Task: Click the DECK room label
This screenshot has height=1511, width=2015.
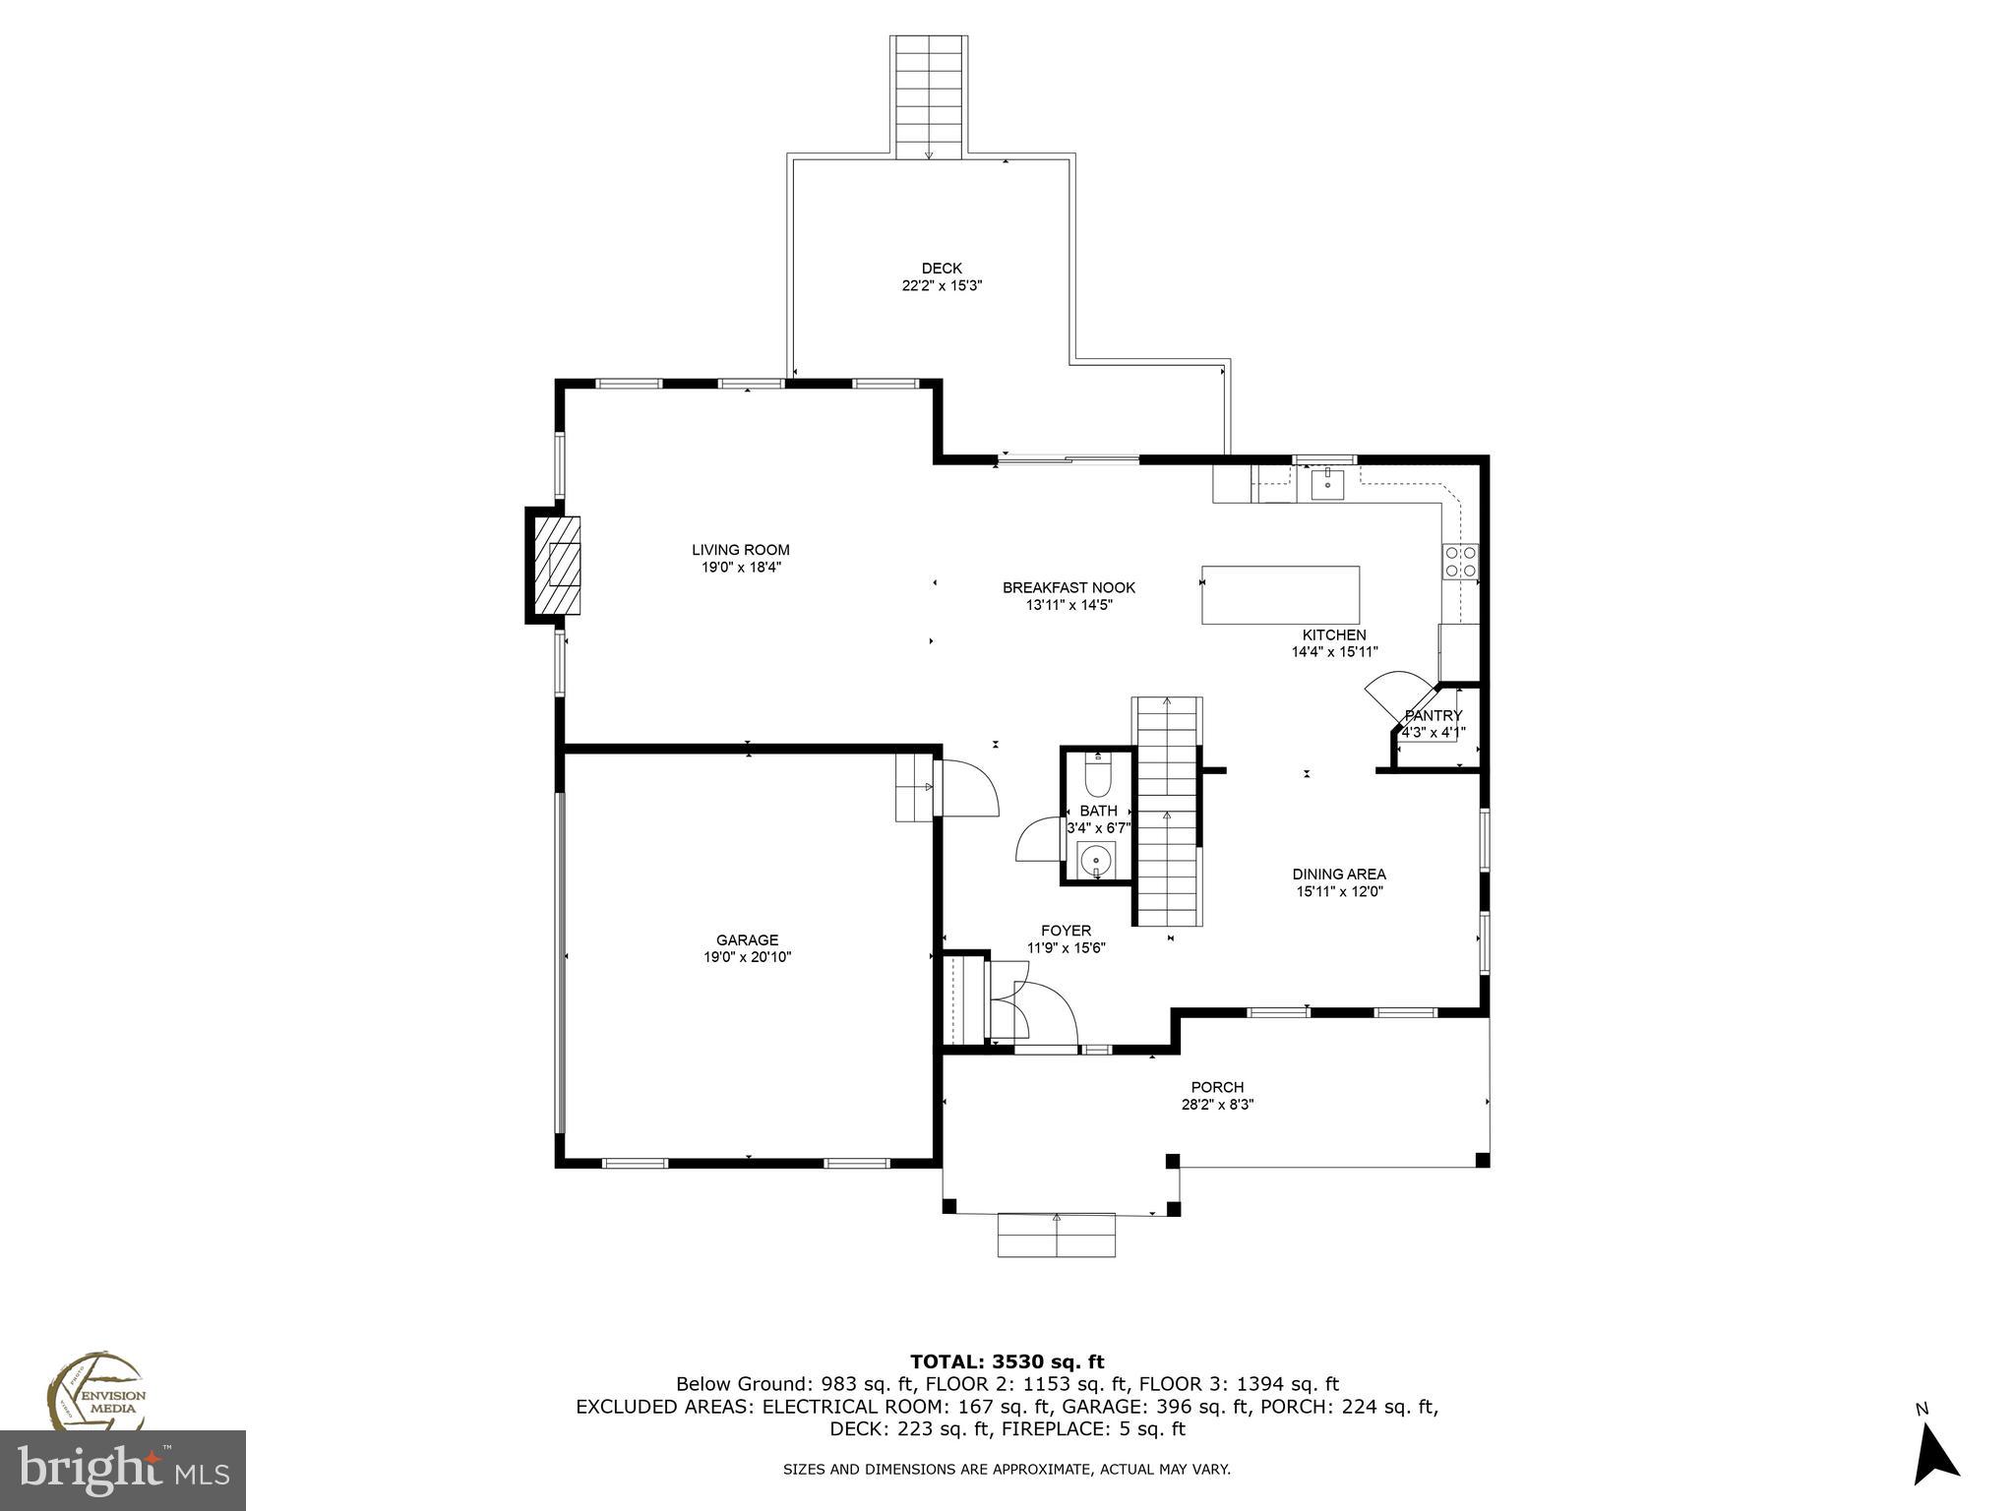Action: pos(942,269)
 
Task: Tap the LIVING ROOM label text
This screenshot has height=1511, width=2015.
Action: pos(740,550)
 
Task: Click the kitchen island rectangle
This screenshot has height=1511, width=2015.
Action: pos(1280,595)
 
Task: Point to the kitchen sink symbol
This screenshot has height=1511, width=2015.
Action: pos(1327,481)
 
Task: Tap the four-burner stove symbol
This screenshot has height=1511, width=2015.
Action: pos(1459,561)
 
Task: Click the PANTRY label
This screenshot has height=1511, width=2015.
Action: pos(1433,715)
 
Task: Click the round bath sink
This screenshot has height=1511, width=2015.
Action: pos(1095,862)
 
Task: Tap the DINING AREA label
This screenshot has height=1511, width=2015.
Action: pos(1339,874)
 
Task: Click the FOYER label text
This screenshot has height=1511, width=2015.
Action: pos(1066,931)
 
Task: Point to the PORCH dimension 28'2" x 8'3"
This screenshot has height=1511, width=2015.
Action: pos(1217,1105)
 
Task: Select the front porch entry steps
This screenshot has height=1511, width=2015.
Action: pos(1057,1236)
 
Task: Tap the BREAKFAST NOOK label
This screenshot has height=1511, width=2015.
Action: pos(1069,587)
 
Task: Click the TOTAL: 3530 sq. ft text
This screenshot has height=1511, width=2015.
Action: pos(1007,1362)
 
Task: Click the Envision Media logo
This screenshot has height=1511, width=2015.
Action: pos(97,1393)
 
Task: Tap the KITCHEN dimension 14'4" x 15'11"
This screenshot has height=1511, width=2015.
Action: pos(1334,652)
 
